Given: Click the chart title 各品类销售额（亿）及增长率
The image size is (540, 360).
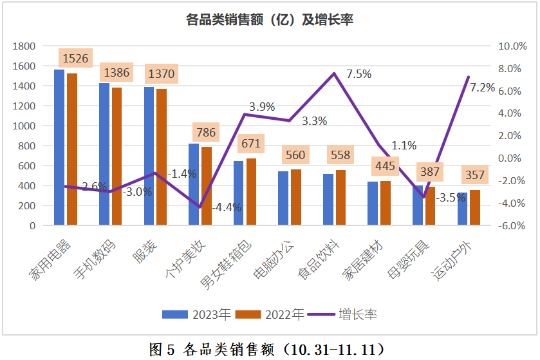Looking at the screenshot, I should [x=270, y=20].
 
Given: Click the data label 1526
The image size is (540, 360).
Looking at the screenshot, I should [x=75, y=58].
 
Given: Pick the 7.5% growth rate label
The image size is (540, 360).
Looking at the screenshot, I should [x=358, y=74].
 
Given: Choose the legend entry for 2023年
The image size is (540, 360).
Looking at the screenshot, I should [x=196, y=314].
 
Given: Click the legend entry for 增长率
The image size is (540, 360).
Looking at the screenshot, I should [x=343, y=314].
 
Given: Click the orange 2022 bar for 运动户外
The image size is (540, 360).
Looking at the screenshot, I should [x=475, y=207].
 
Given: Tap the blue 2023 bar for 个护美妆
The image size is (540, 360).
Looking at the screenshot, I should [x=194, y=184].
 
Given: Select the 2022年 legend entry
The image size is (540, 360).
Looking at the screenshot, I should [x=270, y=314].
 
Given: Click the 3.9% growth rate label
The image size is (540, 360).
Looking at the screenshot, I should [x=262, y=107].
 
